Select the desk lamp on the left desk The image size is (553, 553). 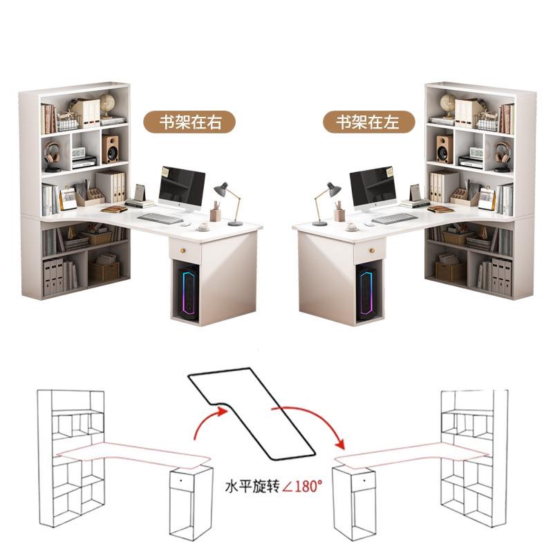229,200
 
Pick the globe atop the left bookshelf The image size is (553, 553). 107,104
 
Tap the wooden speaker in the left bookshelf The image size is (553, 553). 111,148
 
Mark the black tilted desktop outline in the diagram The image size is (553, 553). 253,415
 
